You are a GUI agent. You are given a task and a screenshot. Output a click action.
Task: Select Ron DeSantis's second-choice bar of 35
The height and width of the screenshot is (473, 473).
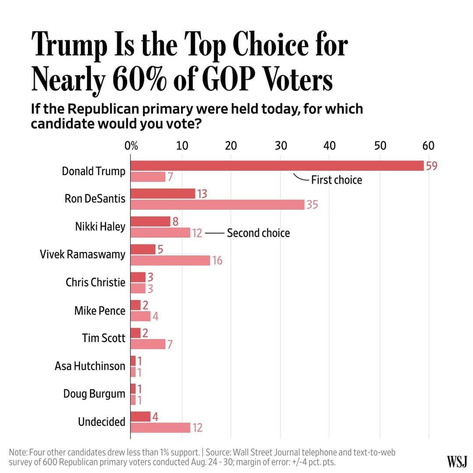click(217, 204)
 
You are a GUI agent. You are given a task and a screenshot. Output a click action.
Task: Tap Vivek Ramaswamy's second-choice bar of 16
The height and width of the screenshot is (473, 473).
click(170, 261)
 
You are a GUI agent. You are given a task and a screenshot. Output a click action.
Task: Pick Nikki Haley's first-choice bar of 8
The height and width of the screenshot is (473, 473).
click(150, 222)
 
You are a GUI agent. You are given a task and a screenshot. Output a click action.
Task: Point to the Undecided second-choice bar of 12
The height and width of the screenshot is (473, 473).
click(160, 427)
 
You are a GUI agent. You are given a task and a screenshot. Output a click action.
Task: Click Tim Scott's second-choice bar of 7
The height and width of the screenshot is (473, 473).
click(148, 344)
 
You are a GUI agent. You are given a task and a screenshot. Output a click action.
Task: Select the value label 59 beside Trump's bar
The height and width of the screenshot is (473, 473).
click(431, 166)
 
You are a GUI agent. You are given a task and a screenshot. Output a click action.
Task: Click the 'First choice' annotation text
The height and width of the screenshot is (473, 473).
click(336, 180)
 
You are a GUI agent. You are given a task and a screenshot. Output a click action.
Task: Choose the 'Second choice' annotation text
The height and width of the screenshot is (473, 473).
click(258, 233)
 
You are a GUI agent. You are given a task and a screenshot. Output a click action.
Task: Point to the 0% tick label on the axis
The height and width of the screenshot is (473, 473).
click(131, 146)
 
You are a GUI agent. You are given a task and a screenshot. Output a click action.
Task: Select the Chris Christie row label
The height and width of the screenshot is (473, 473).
click(95, 282)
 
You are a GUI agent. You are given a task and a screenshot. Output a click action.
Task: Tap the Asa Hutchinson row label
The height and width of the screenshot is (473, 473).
click(90, 366)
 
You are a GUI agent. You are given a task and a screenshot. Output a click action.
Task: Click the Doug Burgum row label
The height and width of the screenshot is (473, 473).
click(94, 394)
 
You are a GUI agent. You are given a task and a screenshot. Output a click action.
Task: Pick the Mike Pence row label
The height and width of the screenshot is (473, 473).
click(99, 311)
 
